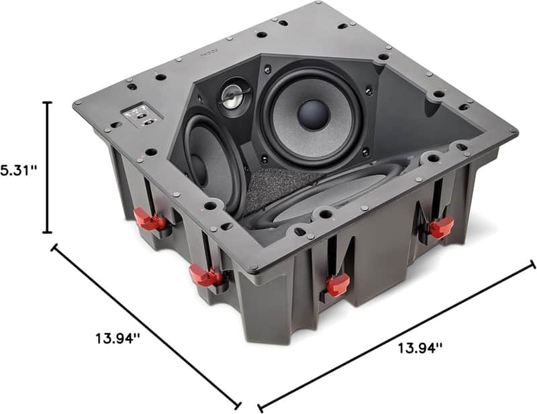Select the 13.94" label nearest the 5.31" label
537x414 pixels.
click(x=118, y=339)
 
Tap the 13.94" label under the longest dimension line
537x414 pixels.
click(x=420, y=349)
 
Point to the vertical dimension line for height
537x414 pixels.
click(x=47, y=168)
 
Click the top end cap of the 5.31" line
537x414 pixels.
click(x=47, y=103)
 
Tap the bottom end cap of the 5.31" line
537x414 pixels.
click(x=47, y=232)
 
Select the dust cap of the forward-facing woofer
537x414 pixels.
click(x=313, y=115)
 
